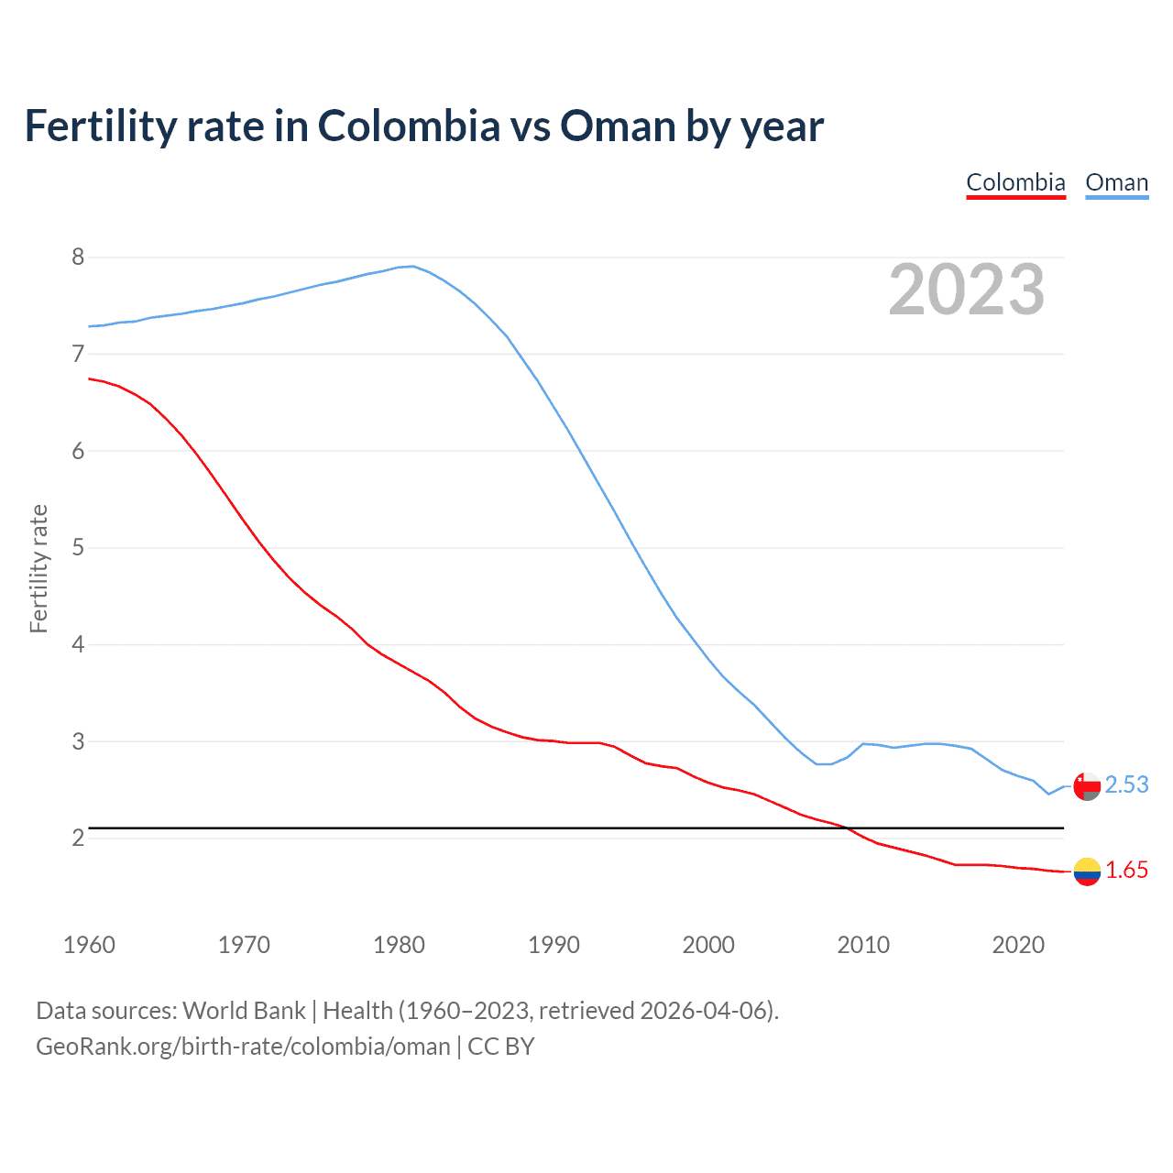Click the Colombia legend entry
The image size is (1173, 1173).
click(1015, 182)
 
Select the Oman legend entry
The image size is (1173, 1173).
click(1116, 182)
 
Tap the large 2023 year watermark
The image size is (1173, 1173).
click(966, 290)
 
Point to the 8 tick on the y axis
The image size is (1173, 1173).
click(78, 257)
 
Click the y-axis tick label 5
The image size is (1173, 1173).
click(78, 548)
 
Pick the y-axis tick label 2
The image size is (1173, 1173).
click(78, 838)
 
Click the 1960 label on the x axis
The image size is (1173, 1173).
click(89, 945)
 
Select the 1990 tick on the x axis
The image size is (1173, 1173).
click(554, 945)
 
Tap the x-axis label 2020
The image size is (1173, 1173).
click(1018, 945)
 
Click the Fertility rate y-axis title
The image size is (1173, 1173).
click(38, 568)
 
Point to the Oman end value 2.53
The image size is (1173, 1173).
click(1126, 785)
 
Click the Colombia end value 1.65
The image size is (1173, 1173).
click(1126, 871)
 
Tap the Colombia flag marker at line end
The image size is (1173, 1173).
click(1087, 872)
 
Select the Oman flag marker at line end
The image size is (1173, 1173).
click(1087, 786)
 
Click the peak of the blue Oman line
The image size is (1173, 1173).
click(412, 266)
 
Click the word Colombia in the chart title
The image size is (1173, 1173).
click(409, 126)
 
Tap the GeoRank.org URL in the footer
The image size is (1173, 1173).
click(243, 1047)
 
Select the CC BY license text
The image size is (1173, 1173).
click(501, 1047)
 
